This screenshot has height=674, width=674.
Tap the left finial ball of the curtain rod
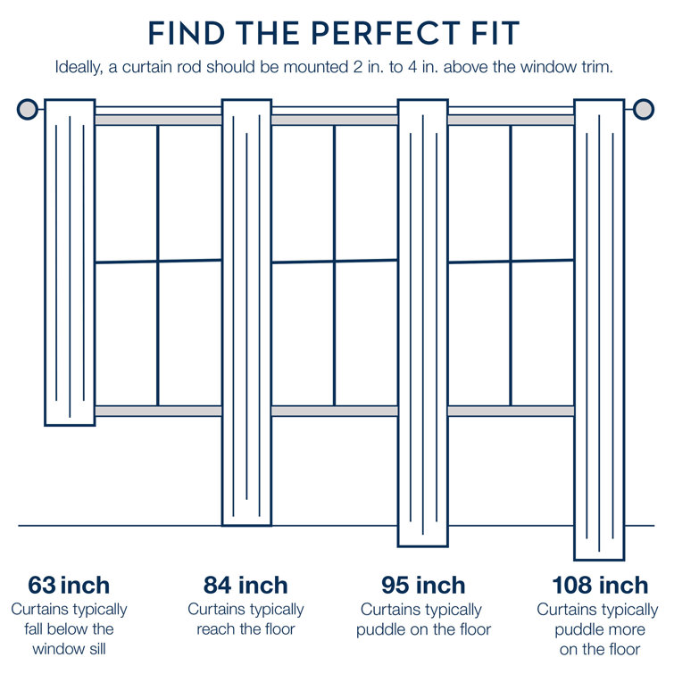tap(28, 110)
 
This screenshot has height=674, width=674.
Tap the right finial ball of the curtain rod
tap(644, 110)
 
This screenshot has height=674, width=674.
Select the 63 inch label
tap(69, 586)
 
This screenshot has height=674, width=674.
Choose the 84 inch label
tap(245, 586)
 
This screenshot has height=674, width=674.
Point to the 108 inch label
tap(599, 586)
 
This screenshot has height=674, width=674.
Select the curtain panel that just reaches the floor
tap(246, 312)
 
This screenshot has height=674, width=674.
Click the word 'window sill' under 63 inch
tap(69, 649)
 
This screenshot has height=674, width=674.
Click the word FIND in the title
tap(184, 33)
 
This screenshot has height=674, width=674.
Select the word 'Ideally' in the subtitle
tap(79, 68)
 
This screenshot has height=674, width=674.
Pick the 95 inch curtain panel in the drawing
tap(422, 322)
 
